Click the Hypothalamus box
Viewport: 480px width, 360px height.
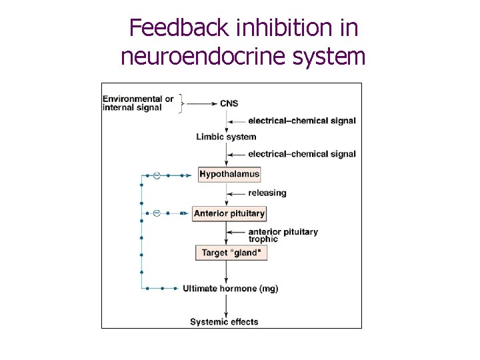(229, 174)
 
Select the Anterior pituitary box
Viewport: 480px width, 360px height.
(229, 213)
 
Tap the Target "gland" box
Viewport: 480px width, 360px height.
(231, 253)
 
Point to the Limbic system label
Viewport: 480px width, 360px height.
(226, 137)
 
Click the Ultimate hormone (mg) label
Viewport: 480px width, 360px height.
(231, 289)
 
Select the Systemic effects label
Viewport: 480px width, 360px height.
(224, 322)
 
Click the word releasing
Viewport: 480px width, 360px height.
(267, 193)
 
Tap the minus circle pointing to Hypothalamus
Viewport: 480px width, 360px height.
(157, 175)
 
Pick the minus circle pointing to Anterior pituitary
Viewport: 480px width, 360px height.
(157, 213)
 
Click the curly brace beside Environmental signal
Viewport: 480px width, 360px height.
(181, 103)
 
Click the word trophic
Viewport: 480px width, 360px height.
(263, 239)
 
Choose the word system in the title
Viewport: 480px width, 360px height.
(329, 56)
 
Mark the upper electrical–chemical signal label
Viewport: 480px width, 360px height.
(301, 121)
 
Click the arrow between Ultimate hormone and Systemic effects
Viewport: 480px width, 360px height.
(227, 304)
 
